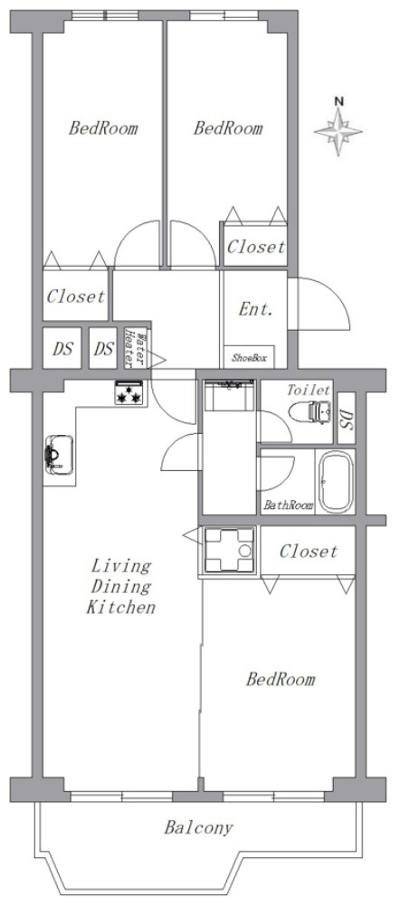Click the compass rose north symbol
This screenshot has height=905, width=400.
coord(338,132)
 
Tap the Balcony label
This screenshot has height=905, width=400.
coord(199,829)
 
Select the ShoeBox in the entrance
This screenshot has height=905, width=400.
coord(249,358)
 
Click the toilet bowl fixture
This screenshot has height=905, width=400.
coord(310,412)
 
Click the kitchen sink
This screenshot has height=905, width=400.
coord(60,455)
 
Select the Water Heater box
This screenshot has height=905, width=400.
coord(137,349)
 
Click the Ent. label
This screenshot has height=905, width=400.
coord(255,309)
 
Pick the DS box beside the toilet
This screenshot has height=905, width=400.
coord(346,418)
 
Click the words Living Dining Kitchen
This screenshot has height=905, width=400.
coord(121,586)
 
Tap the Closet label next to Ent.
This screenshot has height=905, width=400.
coord(256,247)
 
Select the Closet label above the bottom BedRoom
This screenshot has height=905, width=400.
coord(308,551)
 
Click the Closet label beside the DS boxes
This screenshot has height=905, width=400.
coord(76,297)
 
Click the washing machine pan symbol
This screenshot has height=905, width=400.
coord(230,551)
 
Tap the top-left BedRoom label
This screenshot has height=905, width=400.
coord(103,127)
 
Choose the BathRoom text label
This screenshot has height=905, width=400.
coord(289,505)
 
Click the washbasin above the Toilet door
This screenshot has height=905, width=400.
coord(230,395)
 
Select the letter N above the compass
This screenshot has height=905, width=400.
coord(339,101)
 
